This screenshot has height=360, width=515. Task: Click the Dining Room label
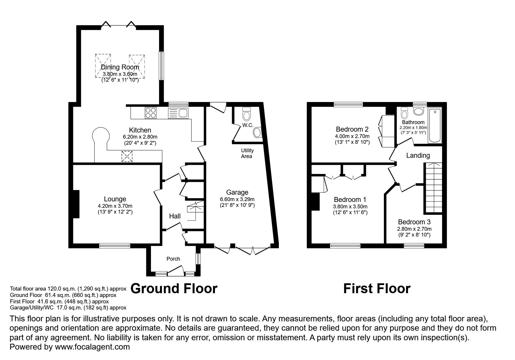[x=120, y=67]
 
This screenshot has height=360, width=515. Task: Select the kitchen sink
[x=179, y=113]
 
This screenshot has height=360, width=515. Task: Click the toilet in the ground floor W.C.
[x=247, y=114]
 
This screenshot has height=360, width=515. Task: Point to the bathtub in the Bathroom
[x=435, y=126]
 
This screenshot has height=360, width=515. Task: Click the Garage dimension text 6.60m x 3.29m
[x=237, y=199]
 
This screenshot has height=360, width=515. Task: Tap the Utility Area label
[x=247, y=153]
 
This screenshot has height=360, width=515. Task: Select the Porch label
[x=173, y=259]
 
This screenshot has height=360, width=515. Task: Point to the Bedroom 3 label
[x=415, y=222]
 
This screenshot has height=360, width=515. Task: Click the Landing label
[x=418, y=155]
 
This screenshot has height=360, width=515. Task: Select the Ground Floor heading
[x=174, y=289]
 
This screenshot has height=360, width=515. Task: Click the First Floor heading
[x=377, y=289]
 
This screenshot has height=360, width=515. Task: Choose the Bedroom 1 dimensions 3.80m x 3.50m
[x=350, y=207]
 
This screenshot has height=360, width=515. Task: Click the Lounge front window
[x=115, y=246]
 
